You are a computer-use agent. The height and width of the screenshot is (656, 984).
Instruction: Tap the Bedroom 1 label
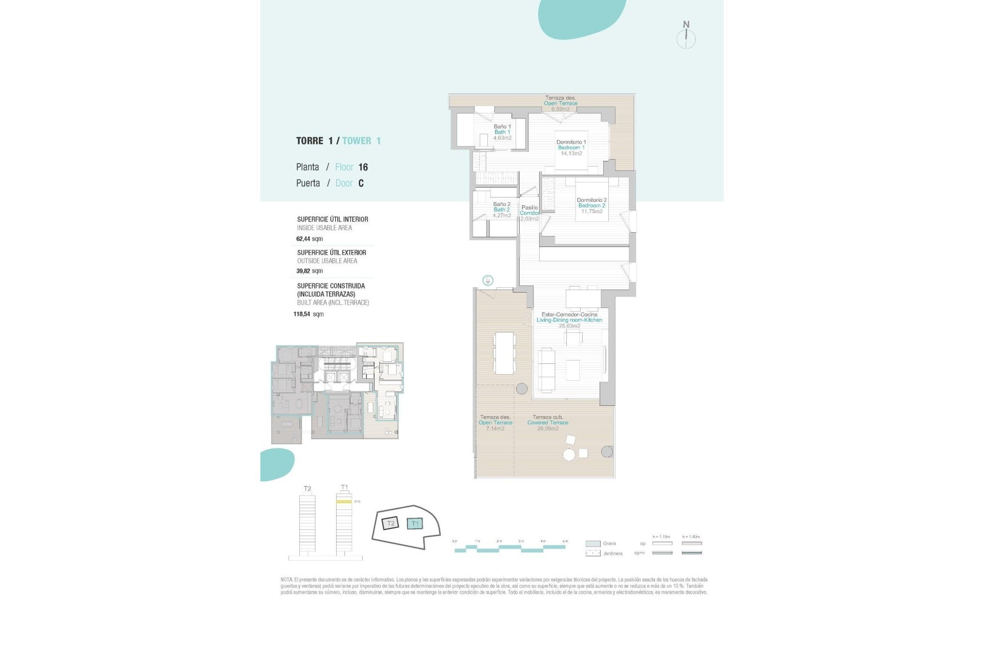click(571, 148)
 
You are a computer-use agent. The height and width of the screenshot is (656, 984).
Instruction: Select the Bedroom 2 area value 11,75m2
click(591, 211)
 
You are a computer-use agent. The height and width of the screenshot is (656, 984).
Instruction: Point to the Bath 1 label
click(502, 132)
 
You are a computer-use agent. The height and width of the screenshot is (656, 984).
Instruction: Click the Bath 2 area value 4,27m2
click(502, 216)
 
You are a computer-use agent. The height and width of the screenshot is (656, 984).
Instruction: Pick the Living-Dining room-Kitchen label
click(569, 320)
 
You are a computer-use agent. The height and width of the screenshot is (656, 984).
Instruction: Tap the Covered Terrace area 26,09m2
click(547, 428)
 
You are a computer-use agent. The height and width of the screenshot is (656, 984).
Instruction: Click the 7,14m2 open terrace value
click(495, 428)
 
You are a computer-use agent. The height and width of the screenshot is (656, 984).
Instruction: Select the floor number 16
click(363, 167)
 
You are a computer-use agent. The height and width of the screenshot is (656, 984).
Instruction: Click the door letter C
click(361, 183)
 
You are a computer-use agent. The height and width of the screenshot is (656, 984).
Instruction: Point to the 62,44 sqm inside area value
click(309, 239)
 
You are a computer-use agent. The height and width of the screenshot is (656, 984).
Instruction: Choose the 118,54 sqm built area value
click(308, 314)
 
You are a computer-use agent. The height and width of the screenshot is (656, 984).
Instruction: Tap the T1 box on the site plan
click(415, 523)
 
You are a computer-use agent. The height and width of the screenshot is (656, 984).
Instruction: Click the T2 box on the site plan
click(391, 523)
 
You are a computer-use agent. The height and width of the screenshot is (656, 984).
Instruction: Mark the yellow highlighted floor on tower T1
click(344, 502)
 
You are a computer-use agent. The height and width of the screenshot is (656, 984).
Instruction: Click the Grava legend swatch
click(592, 543)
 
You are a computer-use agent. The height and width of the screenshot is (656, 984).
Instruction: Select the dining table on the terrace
click(504, 353)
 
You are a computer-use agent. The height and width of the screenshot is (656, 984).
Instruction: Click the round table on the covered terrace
click(569, 455)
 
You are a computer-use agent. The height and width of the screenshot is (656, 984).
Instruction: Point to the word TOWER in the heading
click(357, 141)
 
